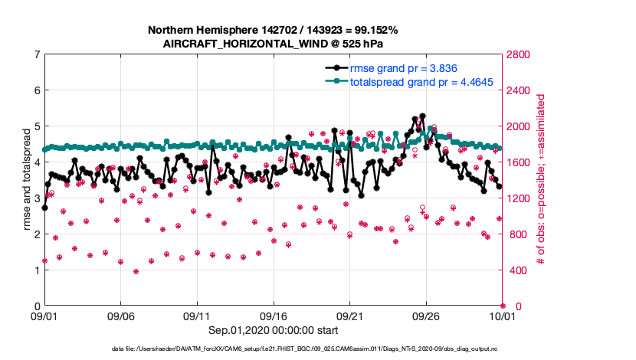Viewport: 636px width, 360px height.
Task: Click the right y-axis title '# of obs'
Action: coord(540,180)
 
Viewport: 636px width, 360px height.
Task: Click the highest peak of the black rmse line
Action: coord(422,116)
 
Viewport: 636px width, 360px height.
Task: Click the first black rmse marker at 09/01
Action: coord(44,208)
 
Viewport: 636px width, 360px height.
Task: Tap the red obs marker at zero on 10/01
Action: coord(503,306)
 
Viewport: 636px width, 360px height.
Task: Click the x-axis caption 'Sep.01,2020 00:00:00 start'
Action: coord(274,330)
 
